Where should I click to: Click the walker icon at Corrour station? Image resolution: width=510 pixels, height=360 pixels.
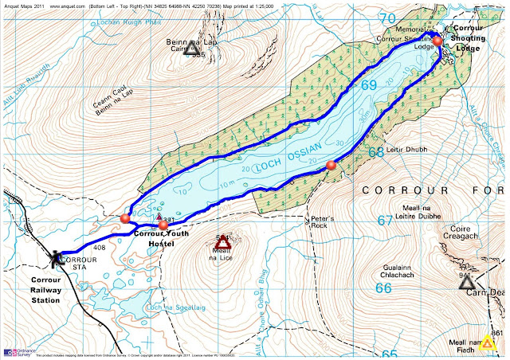tap(55, 256)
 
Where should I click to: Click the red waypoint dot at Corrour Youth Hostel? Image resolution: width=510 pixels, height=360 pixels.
tap(163, 225)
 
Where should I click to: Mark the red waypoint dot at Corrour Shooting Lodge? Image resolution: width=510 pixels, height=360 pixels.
tap(437, 41)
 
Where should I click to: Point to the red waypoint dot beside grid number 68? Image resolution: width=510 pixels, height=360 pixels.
tap(332, 165)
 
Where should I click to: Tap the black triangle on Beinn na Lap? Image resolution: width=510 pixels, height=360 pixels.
tap(190, 49)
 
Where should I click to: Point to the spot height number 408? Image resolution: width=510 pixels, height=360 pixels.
tap(100, 248)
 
